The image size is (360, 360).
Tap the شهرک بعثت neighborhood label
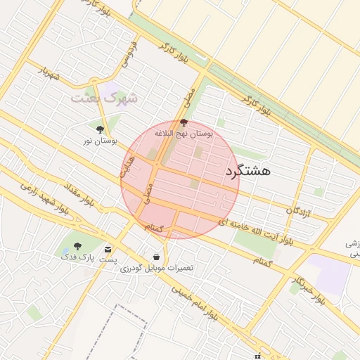[104, 98]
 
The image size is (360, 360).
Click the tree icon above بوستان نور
[99, 129]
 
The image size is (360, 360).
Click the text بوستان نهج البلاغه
[184, 133]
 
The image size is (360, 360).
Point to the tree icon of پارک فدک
[77, 246]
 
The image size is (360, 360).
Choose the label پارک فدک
[77, 258]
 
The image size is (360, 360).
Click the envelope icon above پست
[108, 249]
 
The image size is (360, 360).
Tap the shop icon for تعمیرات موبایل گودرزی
[155, 257]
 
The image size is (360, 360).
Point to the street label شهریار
[49, 75]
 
